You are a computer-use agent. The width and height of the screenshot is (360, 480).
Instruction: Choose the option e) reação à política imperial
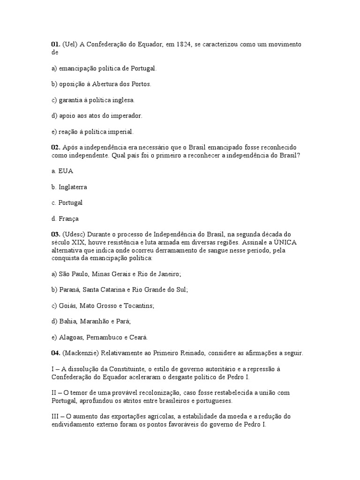[x=92, y=132]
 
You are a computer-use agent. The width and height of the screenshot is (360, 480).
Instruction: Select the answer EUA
[x=66, y=171]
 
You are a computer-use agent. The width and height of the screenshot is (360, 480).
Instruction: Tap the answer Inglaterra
[x=73, y=187]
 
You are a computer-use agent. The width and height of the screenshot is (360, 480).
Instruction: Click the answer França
[x=68, y=218]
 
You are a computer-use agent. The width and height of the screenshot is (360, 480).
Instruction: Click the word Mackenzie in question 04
[x=83, y=353]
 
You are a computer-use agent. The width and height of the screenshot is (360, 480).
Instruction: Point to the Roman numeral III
[x=56, y=416]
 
